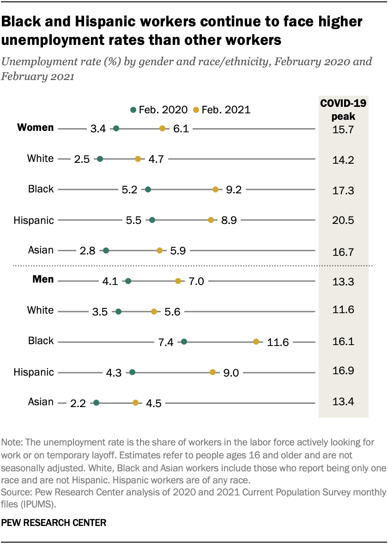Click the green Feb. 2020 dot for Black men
tap(184, 342)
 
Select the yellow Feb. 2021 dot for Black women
tap(215, 189)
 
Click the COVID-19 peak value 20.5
tap(343, 220)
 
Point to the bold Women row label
tap(36, 128)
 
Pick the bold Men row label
tap(43, 279)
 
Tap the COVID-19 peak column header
tap(343, 110)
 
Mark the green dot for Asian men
tap(96, 403)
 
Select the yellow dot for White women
tap(138, 159)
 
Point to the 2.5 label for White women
tap(82, 159)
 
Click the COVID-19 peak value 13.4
tap(343, 401)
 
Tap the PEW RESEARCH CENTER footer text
tap(54, 523)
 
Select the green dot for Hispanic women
tap(152, 220)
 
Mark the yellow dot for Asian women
tap(159, 251)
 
